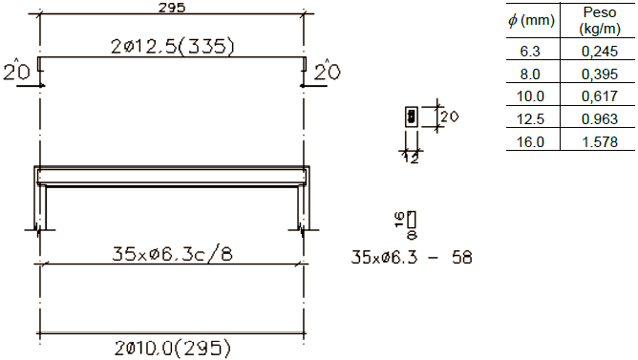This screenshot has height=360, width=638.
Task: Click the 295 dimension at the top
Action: pos(172,7)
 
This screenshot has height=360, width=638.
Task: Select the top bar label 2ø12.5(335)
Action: pos(173,47)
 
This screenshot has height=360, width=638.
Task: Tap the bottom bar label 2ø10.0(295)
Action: pos(173,349)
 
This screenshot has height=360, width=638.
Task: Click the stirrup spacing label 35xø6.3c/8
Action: pos(172,254)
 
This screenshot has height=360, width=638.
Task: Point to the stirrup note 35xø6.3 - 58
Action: pos(412,258)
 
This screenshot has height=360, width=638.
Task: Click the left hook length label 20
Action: pos(16,72)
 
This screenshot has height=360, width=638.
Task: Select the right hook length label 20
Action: pos(328,72)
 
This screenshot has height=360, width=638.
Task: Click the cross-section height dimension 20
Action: pos(449,117)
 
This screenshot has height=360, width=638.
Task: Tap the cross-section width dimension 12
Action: pos(412,159)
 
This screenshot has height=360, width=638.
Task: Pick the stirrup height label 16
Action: pos(400,220)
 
